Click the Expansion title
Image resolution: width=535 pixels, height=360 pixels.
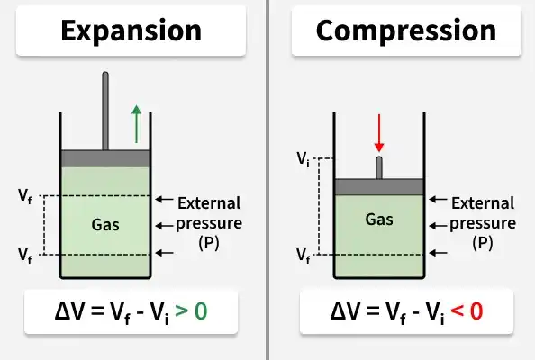[x=131, y=31]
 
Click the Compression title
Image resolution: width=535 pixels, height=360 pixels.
[x=406, y=31]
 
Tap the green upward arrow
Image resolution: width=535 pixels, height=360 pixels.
[x=137, y=124]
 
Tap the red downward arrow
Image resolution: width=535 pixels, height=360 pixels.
[x=379, y=133]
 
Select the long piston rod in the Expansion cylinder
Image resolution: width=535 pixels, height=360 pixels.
[x=105, y=111]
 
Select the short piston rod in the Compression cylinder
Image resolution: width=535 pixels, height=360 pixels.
[x=379, y=167]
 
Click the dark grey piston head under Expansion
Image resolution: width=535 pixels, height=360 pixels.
[x=105, y=158]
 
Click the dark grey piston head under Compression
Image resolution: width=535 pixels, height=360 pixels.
[x=379, y=187]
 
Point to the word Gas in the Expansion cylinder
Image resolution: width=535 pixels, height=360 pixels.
[x=105, y=225]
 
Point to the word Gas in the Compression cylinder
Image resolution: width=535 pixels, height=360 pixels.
[x=379, y=220]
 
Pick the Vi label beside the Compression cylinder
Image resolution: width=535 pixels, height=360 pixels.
[x=303, y=159]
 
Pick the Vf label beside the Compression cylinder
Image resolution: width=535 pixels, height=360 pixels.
[x=304, y=256]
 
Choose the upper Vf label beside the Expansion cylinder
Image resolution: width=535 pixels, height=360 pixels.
[x=25, y=196]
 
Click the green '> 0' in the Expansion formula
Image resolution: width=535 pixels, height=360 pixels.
[x=191, y=310]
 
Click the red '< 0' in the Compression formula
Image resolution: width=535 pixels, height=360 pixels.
[x=467, y=310]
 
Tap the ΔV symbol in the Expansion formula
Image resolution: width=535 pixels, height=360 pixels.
[x=68, y=310]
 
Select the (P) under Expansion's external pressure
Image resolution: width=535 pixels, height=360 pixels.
[x=209, y=243]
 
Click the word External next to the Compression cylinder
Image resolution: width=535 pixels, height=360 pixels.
[x=483, y=203]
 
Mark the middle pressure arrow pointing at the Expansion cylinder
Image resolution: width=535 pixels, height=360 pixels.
[x=165, y=226]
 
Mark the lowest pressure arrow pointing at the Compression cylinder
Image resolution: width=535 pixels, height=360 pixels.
[x=439, y=253]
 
